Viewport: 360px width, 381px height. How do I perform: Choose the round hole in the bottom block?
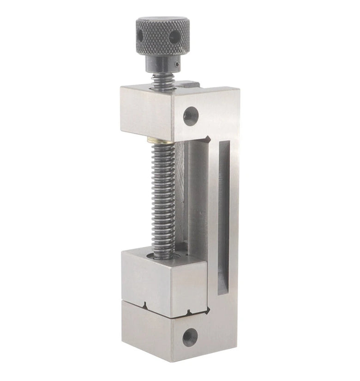pyautogui.click(x=190, y=337)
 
